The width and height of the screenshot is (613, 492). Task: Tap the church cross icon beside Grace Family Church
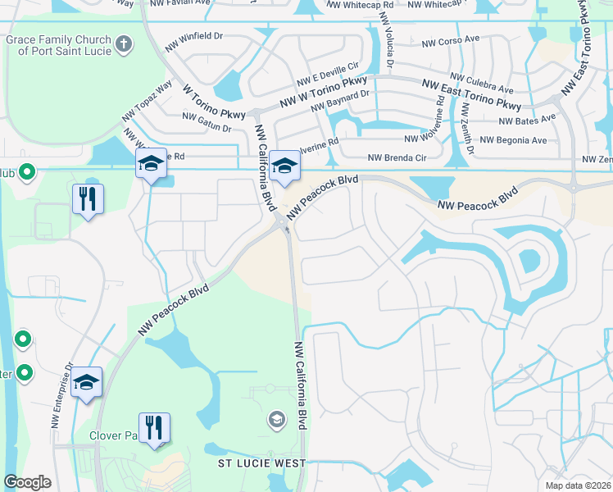pos(123,43)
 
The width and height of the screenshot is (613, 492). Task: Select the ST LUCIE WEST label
pos(261,463)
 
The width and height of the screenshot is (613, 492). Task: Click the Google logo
pos(27,482)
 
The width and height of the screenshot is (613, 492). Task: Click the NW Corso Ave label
pos(450,40)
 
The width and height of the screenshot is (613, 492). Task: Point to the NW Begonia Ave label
pos(513,140)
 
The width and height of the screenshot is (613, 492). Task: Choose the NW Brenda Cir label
pos(397,157)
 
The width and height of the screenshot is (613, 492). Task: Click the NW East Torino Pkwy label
pos(471,94)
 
